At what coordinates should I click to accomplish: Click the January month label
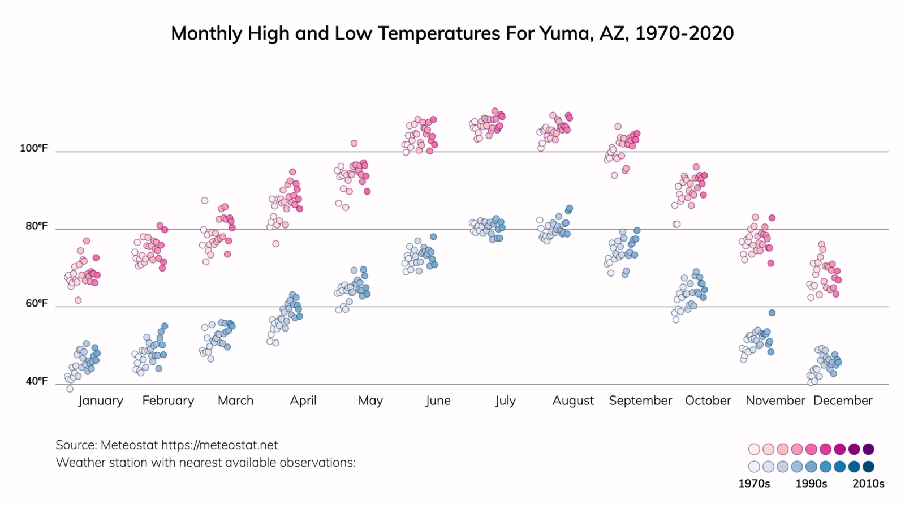101,401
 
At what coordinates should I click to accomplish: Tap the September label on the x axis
640,401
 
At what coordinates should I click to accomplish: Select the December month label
843,401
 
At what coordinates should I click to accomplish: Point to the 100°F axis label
34,148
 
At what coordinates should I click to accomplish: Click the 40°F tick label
37,381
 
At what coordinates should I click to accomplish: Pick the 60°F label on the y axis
37,304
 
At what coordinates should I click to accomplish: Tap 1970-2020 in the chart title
684,33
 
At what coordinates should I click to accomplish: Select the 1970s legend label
754,484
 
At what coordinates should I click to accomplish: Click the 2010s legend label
868,484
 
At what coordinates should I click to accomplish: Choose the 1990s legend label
811,484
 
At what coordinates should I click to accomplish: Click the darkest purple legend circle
868,449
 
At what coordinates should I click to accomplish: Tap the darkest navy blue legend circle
868,467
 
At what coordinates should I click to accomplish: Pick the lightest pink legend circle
754,449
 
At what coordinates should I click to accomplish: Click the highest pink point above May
354,143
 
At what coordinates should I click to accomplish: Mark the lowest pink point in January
78,300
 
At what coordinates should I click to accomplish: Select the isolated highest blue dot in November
772,313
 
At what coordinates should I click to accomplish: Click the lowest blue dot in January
70,389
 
